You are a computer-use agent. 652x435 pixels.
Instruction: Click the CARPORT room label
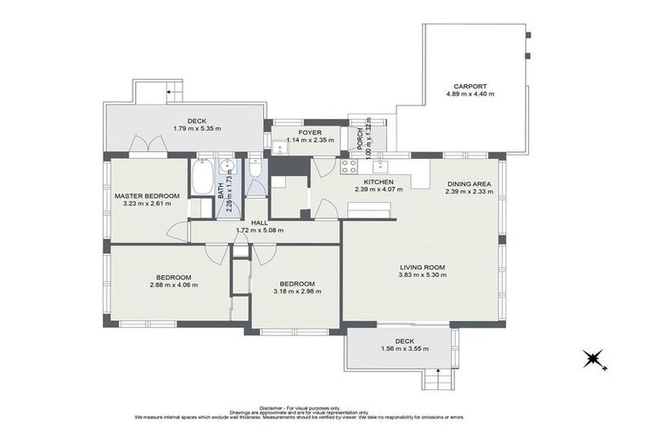[x=469, y=86]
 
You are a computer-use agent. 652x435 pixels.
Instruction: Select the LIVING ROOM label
[x=422, y=268]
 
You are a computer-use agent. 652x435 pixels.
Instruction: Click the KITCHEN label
[x=377, y=182]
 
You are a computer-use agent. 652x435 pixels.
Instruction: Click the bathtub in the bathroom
[x=203, y=179]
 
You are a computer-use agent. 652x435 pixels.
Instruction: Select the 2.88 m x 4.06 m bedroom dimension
[x=172, y=285]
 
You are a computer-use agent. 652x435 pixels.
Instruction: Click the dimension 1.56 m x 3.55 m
[x=398, y=348]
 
